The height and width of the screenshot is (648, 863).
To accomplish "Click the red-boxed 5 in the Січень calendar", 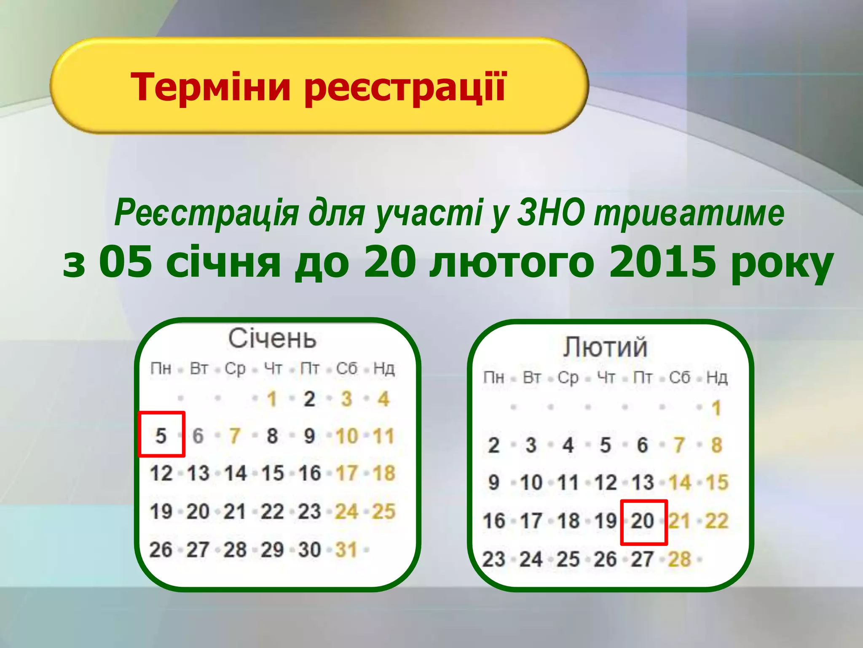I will point(161,435).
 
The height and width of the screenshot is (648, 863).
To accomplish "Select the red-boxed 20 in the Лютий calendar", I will point(643,521).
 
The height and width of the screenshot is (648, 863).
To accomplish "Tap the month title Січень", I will point(272,338).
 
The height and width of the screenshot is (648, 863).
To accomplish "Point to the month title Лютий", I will point(605,347).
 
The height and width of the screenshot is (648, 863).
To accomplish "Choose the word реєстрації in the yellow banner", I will point(405,87).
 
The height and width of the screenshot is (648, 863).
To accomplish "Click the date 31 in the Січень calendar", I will point(346,550).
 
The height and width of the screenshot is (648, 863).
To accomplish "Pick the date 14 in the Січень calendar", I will point(235,473).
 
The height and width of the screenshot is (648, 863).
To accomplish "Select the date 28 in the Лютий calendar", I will point(679,559).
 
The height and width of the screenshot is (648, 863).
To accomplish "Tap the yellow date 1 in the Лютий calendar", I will point(716,408).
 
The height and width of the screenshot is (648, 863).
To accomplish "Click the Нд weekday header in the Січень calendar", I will point(384,369).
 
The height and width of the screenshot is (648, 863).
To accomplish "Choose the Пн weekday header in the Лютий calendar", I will point(493,378).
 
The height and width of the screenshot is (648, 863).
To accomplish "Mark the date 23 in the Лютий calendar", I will point(493,559).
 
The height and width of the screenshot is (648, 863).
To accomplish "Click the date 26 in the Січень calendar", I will point(161,550).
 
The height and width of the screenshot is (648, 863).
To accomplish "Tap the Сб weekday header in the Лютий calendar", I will point(679,378).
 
